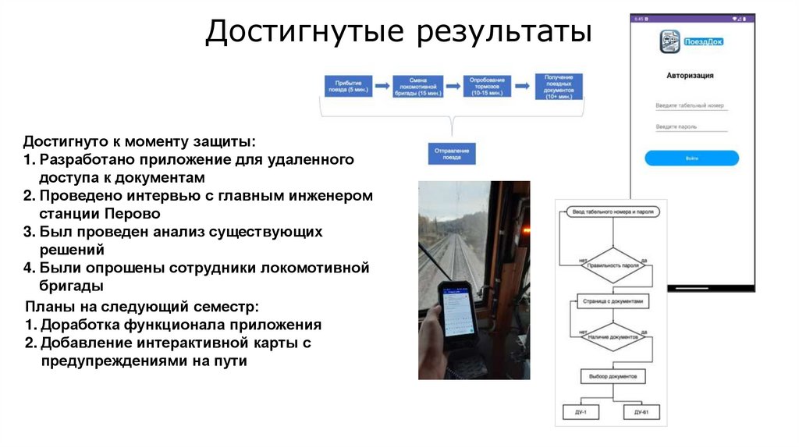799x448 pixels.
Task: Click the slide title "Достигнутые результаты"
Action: point(399,33)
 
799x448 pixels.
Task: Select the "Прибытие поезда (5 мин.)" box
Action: point(348,86)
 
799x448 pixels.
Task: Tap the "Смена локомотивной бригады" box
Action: point(418,86)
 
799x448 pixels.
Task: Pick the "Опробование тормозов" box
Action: point(488,86)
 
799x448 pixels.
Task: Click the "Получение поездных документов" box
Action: point(559,86)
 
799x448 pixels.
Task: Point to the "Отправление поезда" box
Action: point(452,153)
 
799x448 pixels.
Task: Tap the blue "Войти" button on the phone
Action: point(691,158)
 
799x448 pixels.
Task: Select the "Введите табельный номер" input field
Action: point(691,105)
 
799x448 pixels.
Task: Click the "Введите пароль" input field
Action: point(691,126)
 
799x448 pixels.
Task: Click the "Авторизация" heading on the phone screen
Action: point(691,76)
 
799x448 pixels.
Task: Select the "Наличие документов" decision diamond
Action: point(612,336)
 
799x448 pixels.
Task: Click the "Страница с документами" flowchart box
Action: point(612,300)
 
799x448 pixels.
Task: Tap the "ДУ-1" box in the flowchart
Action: point(580,411)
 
